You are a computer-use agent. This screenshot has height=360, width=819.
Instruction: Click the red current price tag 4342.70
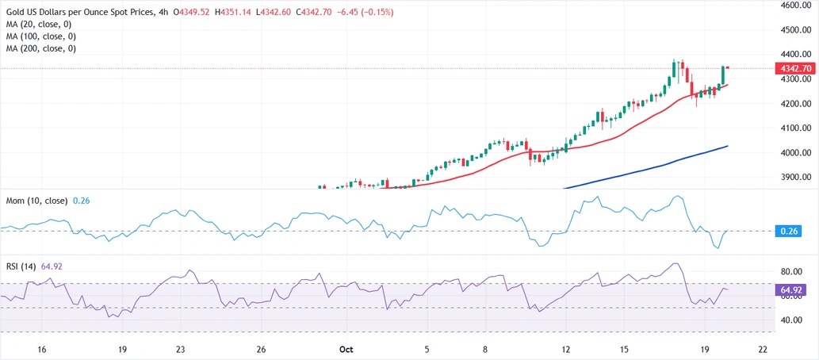point(796,69)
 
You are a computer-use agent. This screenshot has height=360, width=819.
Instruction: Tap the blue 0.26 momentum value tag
point(793,231)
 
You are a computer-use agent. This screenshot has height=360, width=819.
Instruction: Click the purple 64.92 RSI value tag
point(794,290)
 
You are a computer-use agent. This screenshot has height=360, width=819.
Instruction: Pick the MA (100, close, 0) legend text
point(40,37)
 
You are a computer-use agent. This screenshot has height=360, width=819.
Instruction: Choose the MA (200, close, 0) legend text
point(40,48)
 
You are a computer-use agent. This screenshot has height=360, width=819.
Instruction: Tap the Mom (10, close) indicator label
point(35,201)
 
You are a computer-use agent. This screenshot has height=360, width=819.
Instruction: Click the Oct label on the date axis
point(344,349)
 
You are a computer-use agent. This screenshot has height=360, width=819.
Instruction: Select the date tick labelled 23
point(181,349)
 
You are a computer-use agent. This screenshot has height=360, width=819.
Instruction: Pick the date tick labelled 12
point(566,349)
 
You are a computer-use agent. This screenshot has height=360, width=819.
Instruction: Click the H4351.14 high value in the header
point(251,13)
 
